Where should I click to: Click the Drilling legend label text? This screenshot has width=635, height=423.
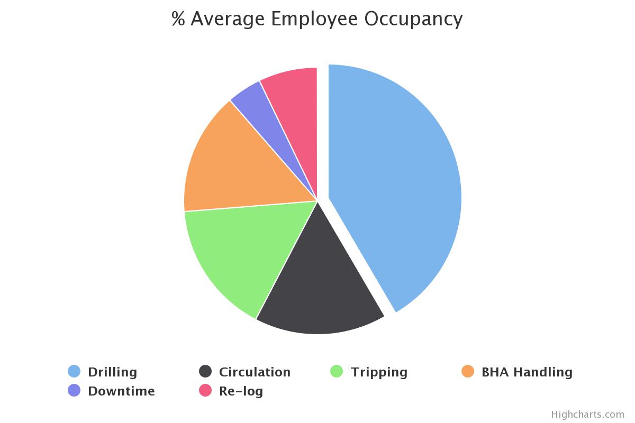click(x=112, y=372)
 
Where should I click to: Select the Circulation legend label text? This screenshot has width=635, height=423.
click(x=255, y=372)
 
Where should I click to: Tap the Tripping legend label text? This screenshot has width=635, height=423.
click(x=379, y=372)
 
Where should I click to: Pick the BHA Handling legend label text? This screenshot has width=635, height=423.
click(x=527, y=372)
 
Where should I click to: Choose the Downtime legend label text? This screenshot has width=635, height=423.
click(x=121, y=391)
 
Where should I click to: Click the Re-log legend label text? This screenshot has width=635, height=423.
click(x=241, y=391)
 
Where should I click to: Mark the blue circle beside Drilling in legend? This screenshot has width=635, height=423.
click(x=74, y=372)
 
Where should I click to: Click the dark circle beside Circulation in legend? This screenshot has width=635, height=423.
click(x=205, y=372)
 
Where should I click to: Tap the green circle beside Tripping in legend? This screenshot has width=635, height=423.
click(x=337, y=372)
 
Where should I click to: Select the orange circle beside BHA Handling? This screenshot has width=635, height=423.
click(x=468, y=372)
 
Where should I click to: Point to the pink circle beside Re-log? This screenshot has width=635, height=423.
click(x=205, y=391)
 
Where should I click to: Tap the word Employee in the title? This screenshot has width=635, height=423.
click(x=314, y=19)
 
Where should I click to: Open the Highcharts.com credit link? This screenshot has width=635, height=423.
click(x=587, y=415)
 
